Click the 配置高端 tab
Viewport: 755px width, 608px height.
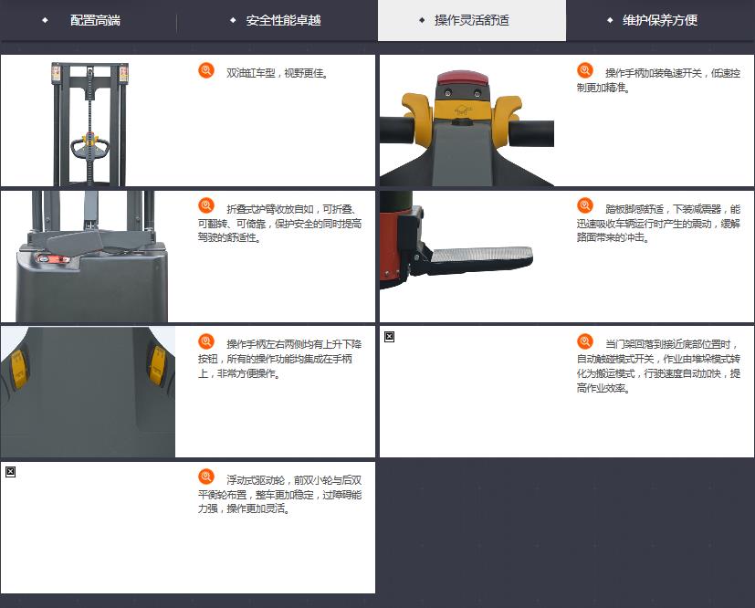(95, 20)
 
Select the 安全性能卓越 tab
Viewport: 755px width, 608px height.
(283, 20)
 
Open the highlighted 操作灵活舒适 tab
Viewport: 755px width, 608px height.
(472, 20)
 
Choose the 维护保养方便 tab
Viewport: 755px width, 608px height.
(660, 20)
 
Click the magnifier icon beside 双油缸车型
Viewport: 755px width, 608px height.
(206, 70)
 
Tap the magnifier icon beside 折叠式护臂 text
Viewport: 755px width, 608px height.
(206, 206)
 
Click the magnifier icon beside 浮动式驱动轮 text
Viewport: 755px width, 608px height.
(206, 477)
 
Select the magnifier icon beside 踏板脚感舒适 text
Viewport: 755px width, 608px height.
(585, 206)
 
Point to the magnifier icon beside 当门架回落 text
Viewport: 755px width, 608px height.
(585, 341)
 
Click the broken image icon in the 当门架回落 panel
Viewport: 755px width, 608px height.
(390, 337)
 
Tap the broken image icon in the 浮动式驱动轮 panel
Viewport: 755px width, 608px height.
(11, 472)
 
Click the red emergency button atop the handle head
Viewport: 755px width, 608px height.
(462, 78)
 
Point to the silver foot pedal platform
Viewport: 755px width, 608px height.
(481, 255)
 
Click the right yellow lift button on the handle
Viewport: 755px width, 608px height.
(157, 365)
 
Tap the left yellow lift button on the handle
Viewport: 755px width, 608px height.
(18, 369)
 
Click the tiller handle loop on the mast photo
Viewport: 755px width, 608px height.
(89, 148)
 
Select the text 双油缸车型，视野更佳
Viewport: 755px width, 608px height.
(278, 73)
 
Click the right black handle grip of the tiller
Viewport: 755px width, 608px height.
(531, 132)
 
